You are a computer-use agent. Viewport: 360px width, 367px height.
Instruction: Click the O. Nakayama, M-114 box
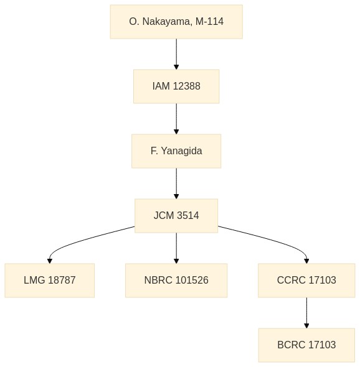point(176,22)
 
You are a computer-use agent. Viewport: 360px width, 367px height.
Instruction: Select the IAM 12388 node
point(176,86)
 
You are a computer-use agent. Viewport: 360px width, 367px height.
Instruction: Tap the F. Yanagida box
point(176,151)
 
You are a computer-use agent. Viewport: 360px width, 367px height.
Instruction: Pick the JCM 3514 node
point(176,216)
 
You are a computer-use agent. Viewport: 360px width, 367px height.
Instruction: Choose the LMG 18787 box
point(50,281)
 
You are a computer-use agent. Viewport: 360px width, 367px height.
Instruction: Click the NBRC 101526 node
point(176,281)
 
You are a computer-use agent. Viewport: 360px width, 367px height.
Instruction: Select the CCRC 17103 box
point(306,281)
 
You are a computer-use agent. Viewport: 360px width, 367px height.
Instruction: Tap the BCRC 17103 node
point(306,345)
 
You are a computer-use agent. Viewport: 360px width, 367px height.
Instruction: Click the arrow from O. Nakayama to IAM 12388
point(176,54)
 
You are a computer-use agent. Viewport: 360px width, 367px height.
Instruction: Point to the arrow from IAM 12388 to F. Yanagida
point(176,119)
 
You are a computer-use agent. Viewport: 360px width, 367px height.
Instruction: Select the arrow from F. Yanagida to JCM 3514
point(176,183)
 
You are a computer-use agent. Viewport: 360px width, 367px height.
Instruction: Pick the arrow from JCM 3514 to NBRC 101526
point(176,248)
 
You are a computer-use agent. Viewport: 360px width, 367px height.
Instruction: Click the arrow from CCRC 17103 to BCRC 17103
point(306,313)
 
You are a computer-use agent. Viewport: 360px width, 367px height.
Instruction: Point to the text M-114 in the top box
point(209,22)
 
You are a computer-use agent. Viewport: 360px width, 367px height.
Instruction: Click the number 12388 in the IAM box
point(187,86)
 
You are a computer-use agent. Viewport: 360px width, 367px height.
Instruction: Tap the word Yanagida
point(181,151)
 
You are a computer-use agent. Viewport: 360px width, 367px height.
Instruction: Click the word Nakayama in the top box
point(168,22)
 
